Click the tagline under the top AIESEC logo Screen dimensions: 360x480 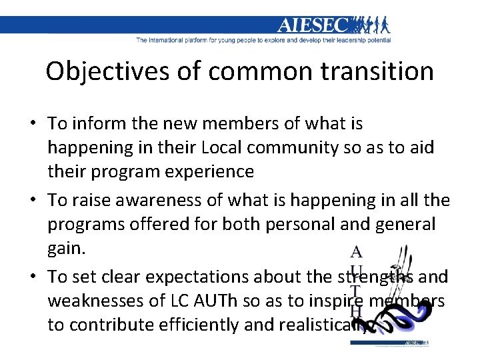tap(263, 40)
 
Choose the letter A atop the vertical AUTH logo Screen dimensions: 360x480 tap(357, 253)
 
